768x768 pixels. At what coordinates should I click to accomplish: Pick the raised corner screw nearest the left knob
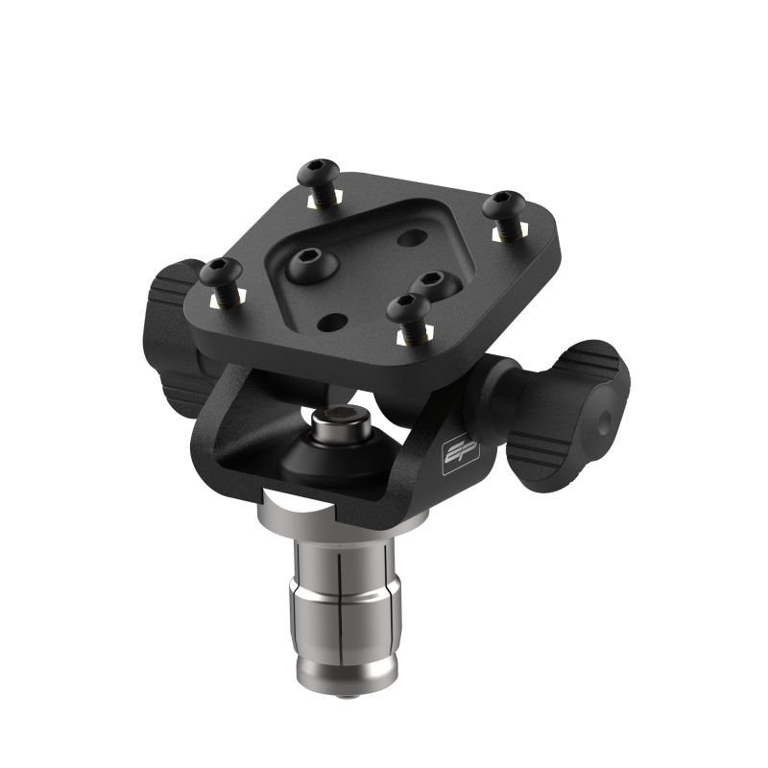[220, 273]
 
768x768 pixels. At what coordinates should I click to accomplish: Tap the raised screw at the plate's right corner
[504, 205]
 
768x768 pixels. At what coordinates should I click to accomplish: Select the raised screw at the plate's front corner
[408, 309]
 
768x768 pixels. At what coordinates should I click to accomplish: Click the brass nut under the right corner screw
[501, 231]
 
